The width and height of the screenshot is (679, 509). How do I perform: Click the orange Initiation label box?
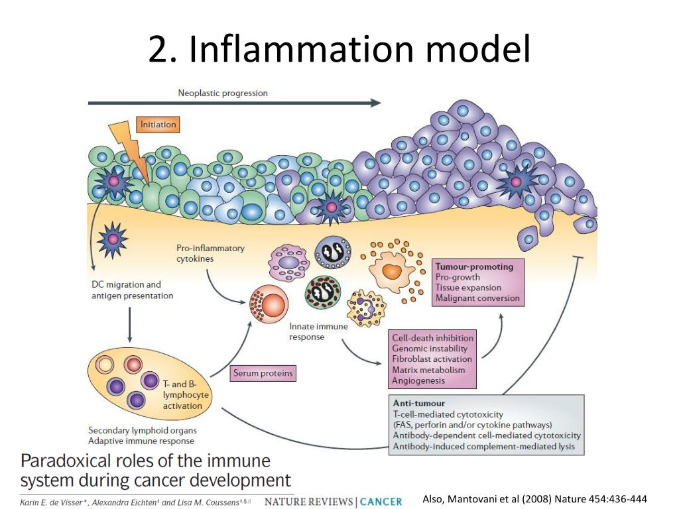[158, 124]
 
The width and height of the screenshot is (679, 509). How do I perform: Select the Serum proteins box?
[263, 374]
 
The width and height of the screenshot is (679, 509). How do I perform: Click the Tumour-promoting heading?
[474, 266]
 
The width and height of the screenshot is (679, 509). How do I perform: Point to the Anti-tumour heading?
[419, 403]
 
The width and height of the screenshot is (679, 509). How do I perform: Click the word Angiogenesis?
[418, 380]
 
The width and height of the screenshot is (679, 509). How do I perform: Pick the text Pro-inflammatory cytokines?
[210, 253]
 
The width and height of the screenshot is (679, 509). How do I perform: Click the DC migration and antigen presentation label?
[132, 290]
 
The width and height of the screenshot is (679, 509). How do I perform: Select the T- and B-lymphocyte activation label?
[186, 395]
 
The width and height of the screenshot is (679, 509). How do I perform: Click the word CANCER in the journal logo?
[381, 502]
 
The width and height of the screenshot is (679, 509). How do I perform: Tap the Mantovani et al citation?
[534, 499]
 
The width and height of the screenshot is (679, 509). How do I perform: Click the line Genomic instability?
[430, 349]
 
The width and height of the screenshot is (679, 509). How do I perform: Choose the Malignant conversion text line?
[477, 298]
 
